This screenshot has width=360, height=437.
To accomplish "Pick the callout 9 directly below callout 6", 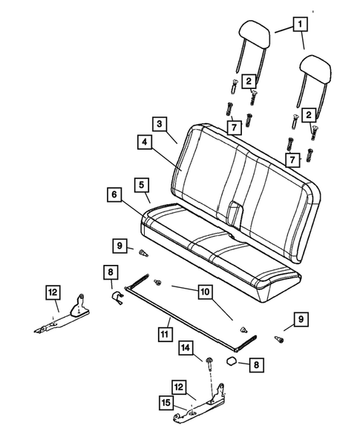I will click(x=120, y=245).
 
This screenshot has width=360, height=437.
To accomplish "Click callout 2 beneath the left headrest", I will click(x=249, y=80).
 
